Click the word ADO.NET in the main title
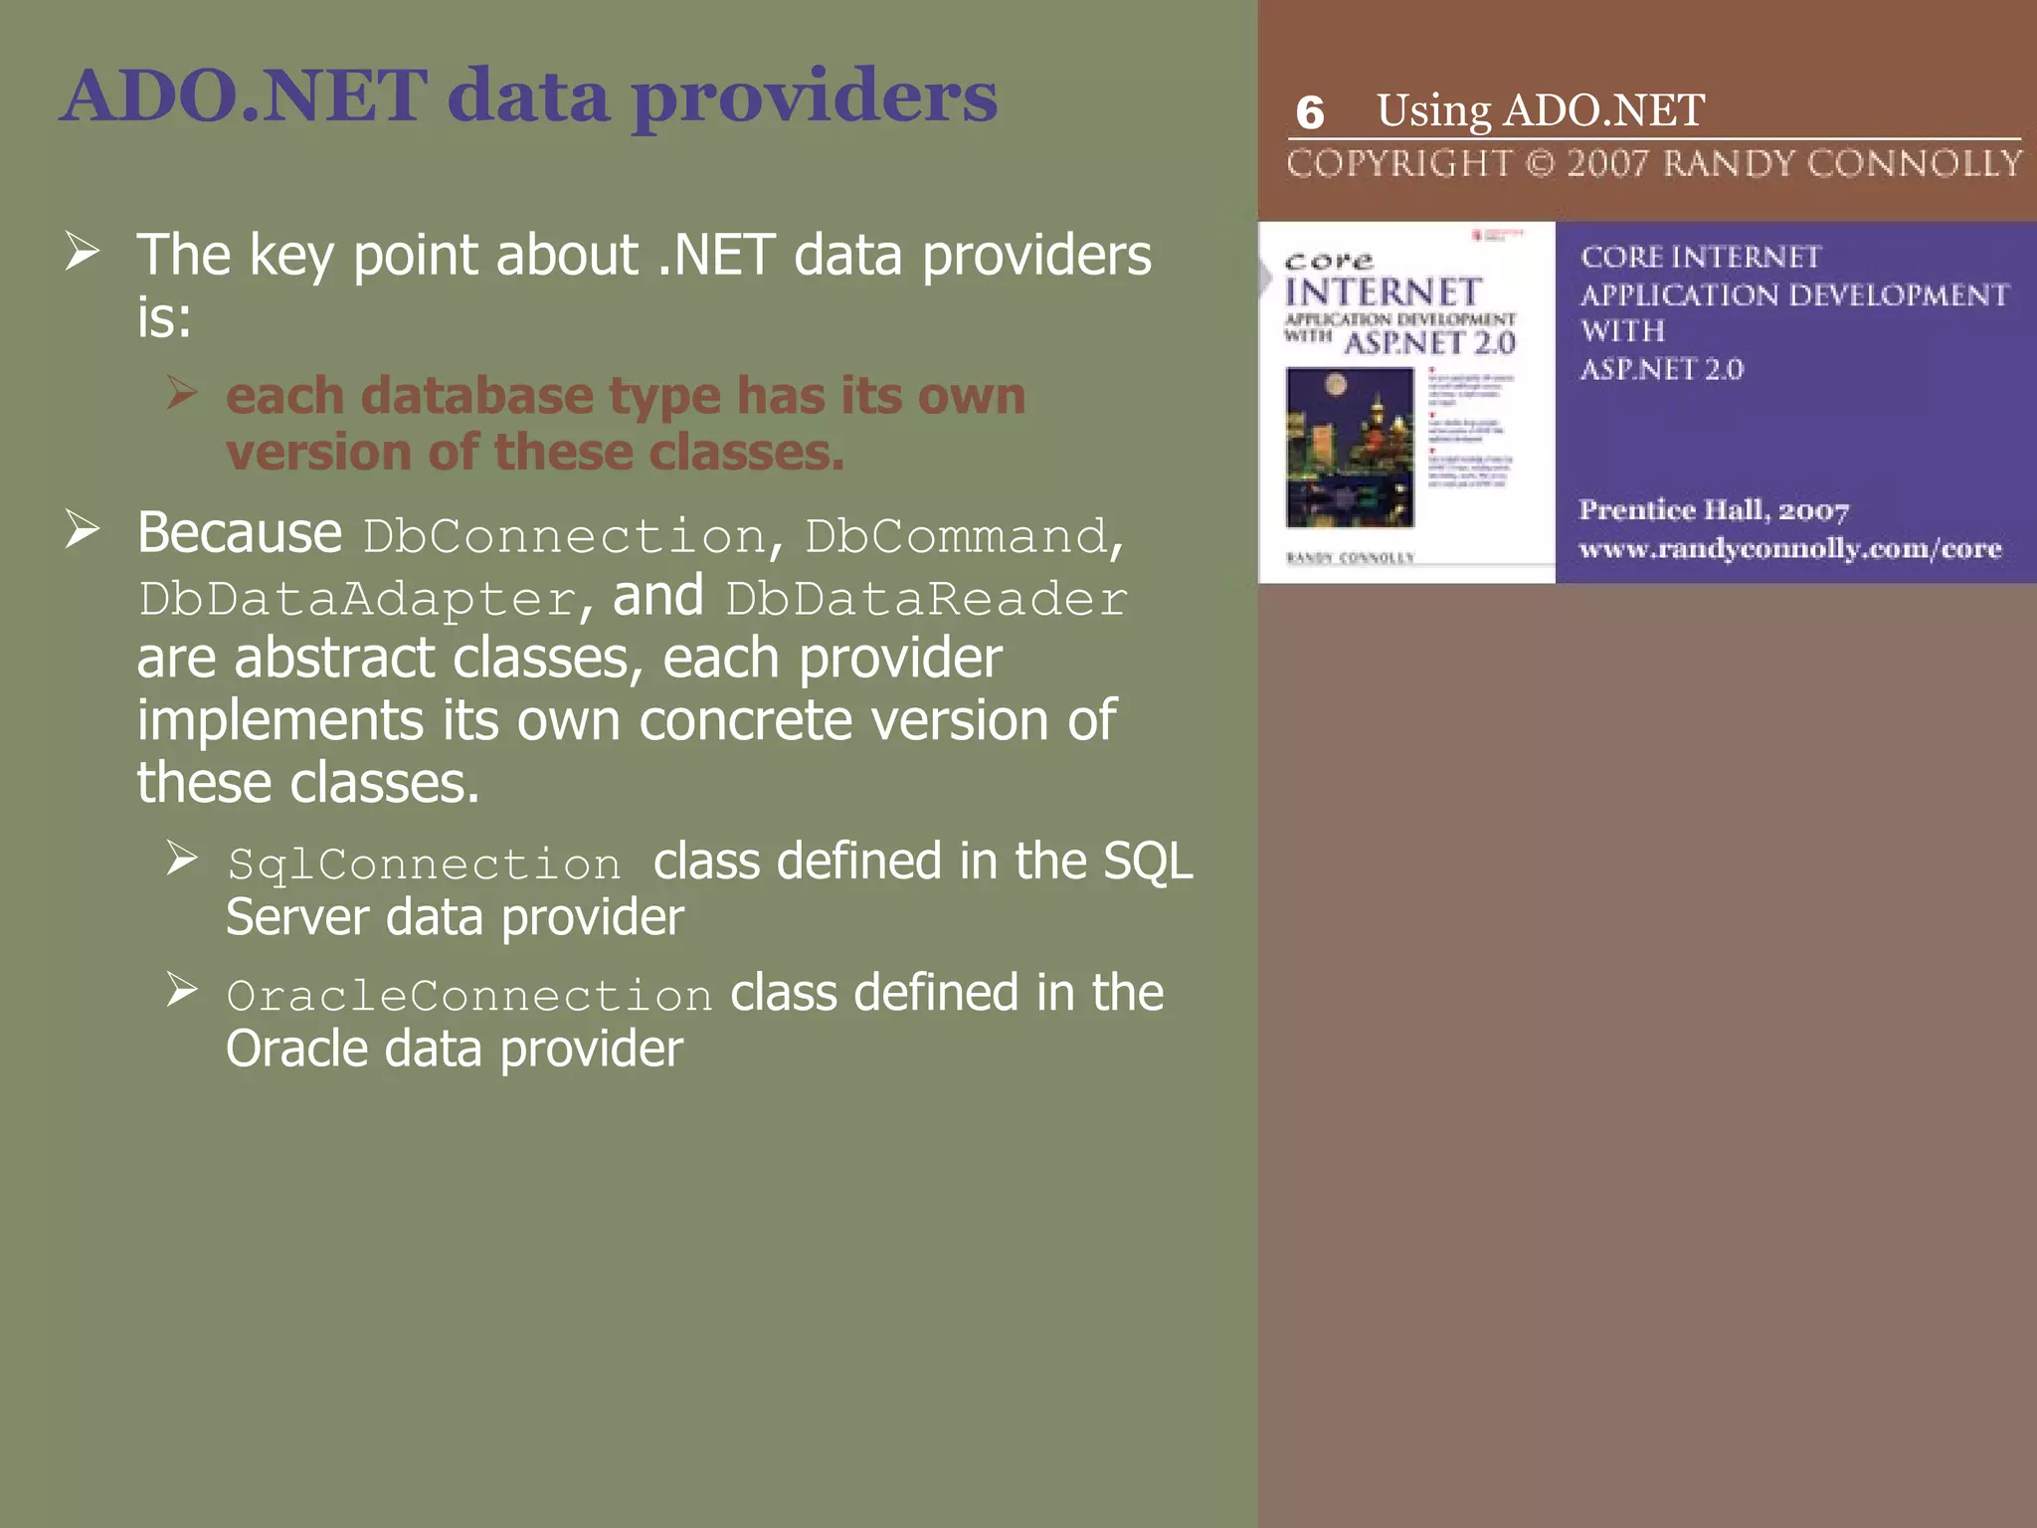pos(245,96)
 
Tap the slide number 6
pos(1310,113)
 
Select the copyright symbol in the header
pos(1540,163)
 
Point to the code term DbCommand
pos(956,537)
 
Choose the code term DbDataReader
pos(926,599)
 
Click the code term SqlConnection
pos(424,863)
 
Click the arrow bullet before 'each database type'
pos(182,392)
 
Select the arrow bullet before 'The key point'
pos(83,251)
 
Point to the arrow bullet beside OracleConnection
pos(182,990)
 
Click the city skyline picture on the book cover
pos(1350,447)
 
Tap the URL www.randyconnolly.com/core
pos(1789,548)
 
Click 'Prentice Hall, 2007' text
pos(1713,510)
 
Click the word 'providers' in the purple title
pos(815,96)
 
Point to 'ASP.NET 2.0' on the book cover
pos(1429,344)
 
